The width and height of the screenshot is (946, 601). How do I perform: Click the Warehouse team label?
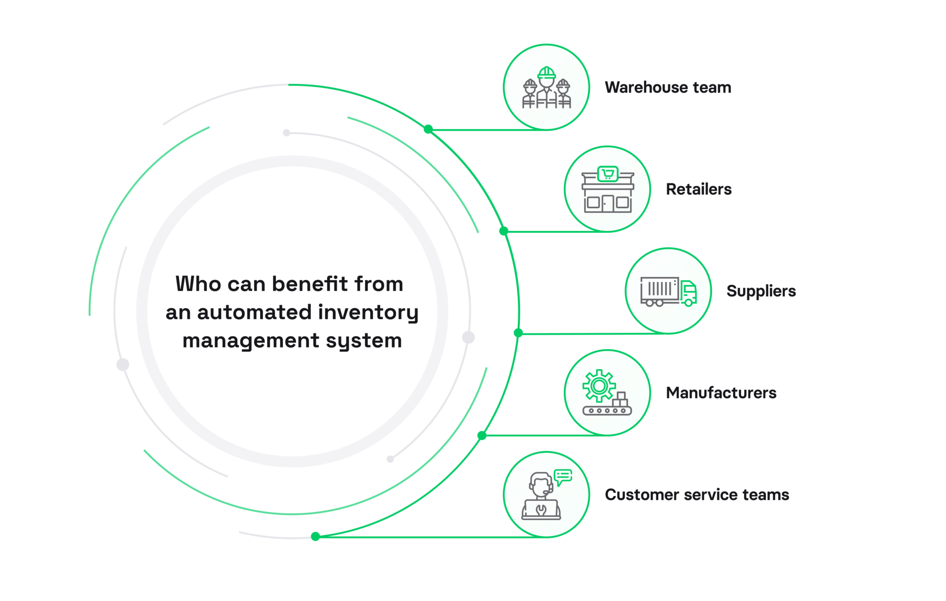pos(668,87)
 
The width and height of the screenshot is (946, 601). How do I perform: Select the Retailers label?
pos(698,189)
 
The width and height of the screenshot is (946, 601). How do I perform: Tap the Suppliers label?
pos(761,291)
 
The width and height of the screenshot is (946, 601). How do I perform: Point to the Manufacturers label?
pos(721,393)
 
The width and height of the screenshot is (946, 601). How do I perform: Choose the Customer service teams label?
pos(697,495)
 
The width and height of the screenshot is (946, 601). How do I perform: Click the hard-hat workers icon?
pos(546,88)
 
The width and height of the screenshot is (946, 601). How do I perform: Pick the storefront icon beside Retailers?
pos(607,190)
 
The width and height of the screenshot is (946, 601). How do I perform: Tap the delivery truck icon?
pos(668,291)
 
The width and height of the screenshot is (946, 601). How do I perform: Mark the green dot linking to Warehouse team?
pos(428,129)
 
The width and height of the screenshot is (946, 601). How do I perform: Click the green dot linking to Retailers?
pos(504,231)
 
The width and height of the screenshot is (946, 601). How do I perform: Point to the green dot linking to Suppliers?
pos(518,333)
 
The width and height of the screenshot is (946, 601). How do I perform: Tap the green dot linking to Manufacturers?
pos(482,435)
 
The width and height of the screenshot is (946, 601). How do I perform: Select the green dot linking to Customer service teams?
pos(315,536)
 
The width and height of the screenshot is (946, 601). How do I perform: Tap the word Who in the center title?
pos(198,284)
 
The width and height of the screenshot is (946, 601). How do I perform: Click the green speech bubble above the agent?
pos(563,476)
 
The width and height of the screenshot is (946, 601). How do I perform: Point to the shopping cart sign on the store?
pos(608,174)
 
